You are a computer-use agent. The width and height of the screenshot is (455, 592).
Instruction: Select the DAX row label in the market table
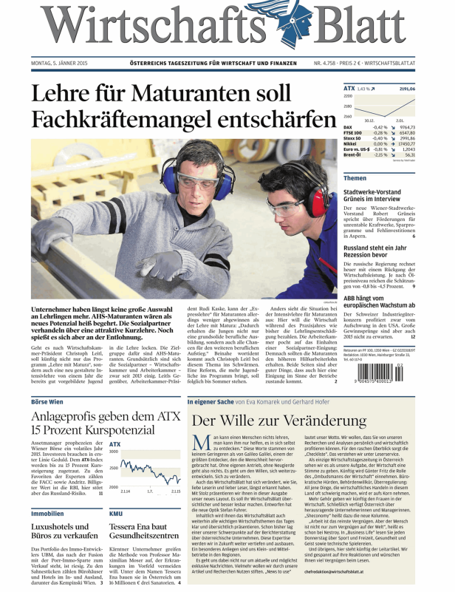(348, 127)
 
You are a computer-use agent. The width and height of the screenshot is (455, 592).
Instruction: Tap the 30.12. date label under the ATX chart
(370, 120)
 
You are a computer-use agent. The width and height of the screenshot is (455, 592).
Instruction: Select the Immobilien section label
(47, 511)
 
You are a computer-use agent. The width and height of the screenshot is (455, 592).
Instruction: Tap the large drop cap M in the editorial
(197, 443)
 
